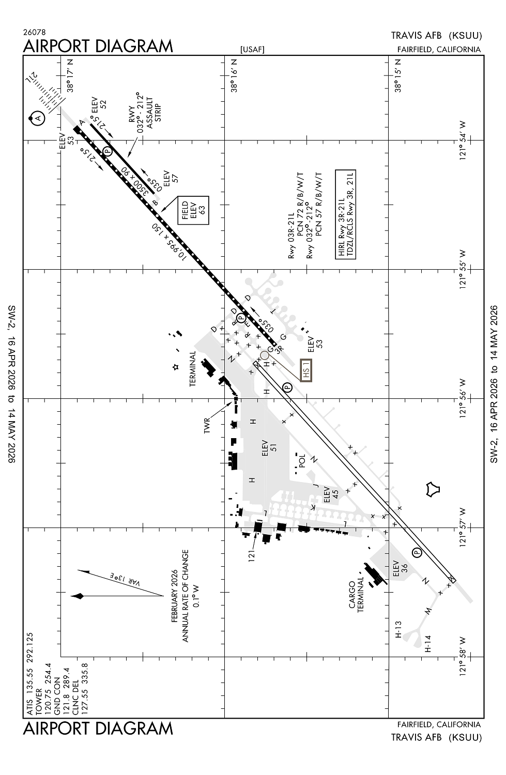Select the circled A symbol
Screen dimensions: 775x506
point(37,119)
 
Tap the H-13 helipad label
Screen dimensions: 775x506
point(398,629)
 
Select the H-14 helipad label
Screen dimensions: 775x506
point(427,643)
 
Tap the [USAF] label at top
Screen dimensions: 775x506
point(252,50)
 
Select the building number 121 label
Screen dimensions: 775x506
point(252,556)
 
